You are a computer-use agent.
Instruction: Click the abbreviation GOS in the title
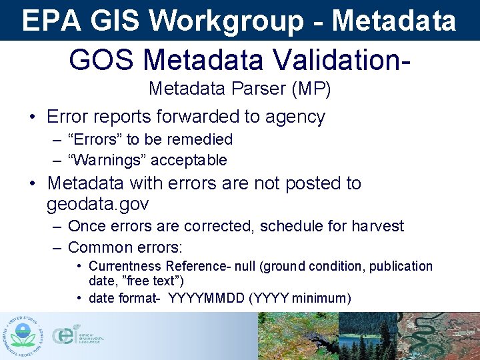(x=101, y=60)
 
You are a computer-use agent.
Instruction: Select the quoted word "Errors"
(x=95, y=139)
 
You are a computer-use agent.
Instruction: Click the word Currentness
(x=126, y=267)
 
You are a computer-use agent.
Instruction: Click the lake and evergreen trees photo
(x=370, y=337)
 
